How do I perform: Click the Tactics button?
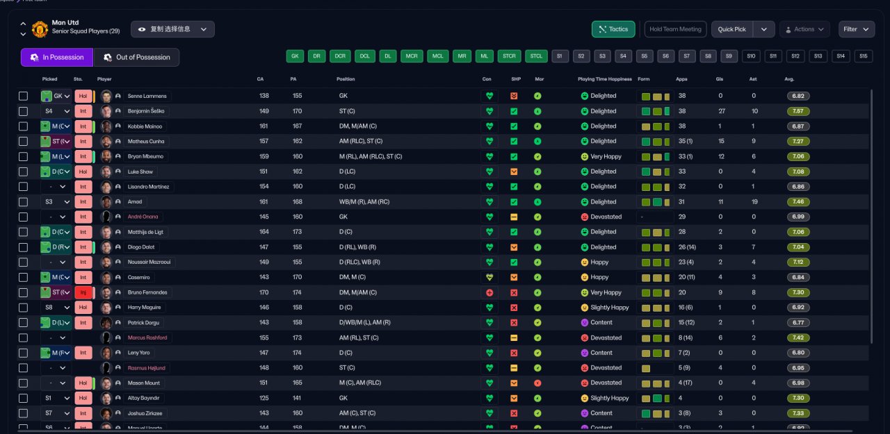click(613, 29)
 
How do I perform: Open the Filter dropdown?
click(856, 29)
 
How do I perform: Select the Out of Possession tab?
click(136, 57)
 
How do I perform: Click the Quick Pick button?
click(732, 29)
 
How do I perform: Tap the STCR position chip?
click(509, 56)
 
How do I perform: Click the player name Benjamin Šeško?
click(147, 111)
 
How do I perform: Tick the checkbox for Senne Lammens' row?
click(24, 96)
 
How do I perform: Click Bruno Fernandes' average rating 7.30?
click(798, 292)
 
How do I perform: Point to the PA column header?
click(293, 79)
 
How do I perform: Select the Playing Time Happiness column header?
click(604, 79)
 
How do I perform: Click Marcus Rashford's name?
click(147, 337)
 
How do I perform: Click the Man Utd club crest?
click(40, 29)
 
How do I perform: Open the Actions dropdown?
click(804, 29)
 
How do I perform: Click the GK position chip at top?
click(295, 56)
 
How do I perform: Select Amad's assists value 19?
click(754, 202)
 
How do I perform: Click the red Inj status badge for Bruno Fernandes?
click(83, 292)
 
